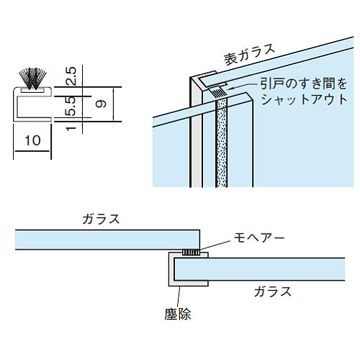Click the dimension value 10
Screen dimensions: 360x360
tap(32, 140)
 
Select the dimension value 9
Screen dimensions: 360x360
tap(101, 104)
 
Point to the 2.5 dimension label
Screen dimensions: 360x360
tap(71, 76)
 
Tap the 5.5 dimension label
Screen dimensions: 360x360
tap(71, 107)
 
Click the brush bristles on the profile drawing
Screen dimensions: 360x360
tap(32, 78)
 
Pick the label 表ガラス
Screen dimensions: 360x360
tap(249, 54)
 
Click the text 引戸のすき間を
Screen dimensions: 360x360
tap(304, 84)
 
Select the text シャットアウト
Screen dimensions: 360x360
tap(304, 99)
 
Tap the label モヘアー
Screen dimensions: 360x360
tap(259, 238)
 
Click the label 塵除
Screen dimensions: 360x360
tap(178, 314)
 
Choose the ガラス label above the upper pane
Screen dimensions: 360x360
tap(101, 219)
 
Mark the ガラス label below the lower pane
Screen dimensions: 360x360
tap(273, 292)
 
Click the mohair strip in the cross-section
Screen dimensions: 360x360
tap(191, 252)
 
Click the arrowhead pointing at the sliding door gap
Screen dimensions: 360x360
tap(230, 88)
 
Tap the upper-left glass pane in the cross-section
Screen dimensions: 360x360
tap(107, 240)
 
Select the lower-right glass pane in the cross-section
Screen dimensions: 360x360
tap(259, 269)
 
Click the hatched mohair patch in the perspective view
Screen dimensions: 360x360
tap(217, 92)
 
